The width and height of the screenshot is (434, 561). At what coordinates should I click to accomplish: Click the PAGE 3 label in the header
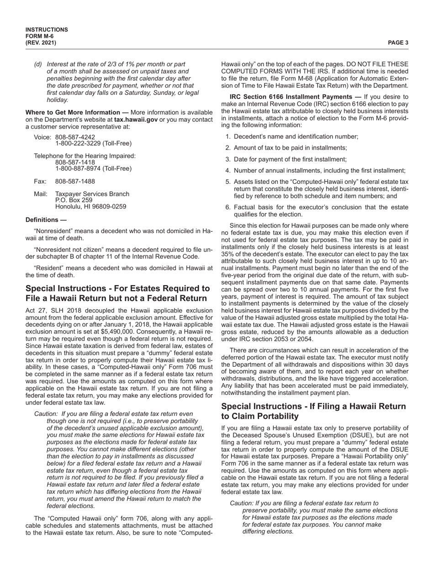pyautogui.click(x=398, y=43)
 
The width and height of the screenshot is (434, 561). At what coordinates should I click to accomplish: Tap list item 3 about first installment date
pyautogui.click(x=290, y=159)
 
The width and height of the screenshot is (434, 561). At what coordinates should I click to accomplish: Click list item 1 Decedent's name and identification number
pyautogui.click(x=296, y=136)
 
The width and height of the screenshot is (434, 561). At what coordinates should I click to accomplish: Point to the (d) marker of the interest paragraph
pyautogui.click(x=38, y=64)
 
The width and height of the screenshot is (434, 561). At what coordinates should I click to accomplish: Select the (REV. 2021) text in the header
pyautogui.click(x=41, y=43)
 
